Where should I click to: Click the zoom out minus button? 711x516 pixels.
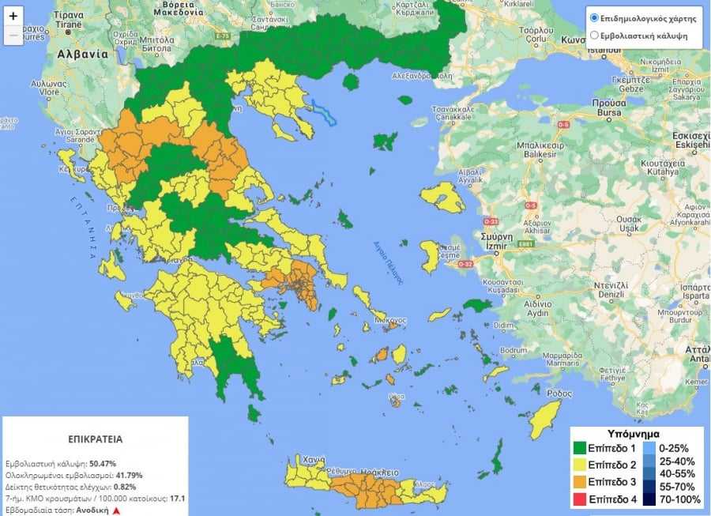13,36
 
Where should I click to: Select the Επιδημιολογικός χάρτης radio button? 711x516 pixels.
594,17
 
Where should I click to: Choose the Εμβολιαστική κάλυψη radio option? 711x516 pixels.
594,36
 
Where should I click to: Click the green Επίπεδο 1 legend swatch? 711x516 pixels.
582,448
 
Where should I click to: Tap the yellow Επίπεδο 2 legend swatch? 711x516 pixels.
582,463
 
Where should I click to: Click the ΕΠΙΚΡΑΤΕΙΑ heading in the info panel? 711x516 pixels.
95,439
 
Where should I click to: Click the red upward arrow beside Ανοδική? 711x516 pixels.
116,510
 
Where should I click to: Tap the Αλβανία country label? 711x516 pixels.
81,55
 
